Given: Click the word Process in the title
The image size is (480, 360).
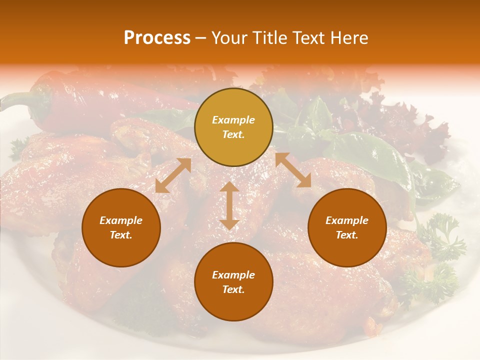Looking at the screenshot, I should [x=157, y=38].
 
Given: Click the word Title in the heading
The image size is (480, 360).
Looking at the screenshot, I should [x=267, y=38].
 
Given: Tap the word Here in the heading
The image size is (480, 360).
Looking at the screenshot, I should [x=348, y=38].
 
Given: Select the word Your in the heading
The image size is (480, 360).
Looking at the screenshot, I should [x=228, y=38].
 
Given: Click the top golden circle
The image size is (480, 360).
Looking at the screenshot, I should [x=233, y=127].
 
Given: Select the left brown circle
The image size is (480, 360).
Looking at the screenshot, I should [x=121, y=227].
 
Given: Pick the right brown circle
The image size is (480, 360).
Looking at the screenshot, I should [x=347, y=227].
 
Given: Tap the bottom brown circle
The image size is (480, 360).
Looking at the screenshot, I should [x=233, y=281].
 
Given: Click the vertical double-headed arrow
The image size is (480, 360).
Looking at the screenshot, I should [x=229, y=205].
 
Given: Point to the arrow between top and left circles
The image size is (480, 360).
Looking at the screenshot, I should [x=173, y=175].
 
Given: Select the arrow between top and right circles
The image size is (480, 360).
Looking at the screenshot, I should [x=293, y=170].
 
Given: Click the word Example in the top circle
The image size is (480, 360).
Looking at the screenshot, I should [x=233, y=120].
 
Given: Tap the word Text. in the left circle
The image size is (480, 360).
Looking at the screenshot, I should [x=121, y=235].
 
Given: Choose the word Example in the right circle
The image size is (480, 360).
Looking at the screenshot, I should [x=347, y=220].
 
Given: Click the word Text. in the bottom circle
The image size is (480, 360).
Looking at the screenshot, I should [x=233, y=289].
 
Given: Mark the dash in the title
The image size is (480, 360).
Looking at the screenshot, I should [x=201, y=38].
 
